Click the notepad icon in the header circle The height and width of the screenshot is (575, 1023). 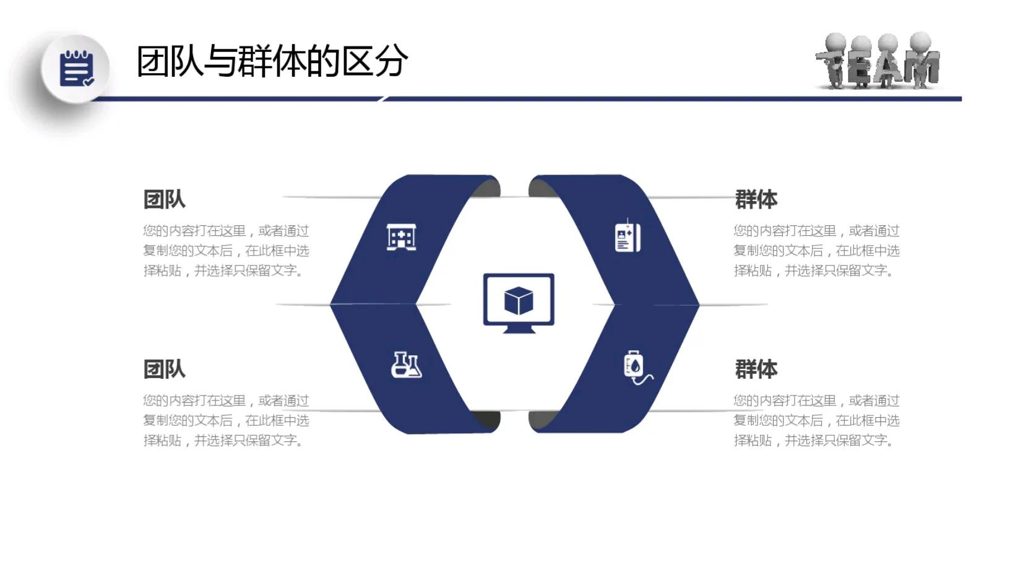pyautogui.click(x=77, y=68)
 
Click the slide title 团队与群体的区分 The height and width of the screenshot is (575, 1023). pyautogui.click(x=272, y=61)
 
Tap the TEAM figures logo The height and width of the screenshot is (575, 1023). pyautogui.click(x=878, y=61)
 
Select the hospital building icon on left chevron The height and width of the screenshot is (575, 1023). pyautogui.click(x=401, y=237)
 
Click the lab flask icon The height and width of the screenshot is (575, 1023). pyautogui.click(x=406, y=365)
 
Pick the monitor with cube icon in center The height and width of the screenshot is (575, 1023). pyautogui.click(x=519, y=302)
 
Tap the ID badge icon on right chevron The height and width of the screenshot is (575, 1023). pyautogui.click(x=628, y=236)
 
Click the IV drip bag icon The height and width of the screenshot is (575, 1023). pyautogui.click(x=637, y=367)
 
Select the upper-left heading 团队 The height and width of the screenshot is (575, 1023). pyautogui.click(x=164, y=199)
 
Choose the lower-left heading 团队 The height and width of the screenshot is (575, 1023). pyautogui.click(x=164, y=369)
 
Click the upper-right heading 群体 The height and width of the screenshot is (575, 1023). pyautogui.click(x=756, y=199)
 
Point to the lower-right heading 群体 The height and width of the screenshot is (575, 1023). pyautogui.click(x=756, y=369)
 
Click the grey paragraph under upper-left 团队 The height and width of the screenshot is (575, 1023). pyautogui.click(x=226, y=251)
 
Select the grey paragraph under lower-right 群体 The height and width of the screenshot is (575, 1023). pyautogui.click(x=816, y=420)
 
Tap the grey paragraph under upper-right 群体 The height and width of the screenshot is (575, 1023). pyautogui.click(x=816, y=251)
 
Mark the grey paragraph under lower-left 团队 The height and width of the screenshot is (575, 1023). pyautogui.click(x=226, y=420)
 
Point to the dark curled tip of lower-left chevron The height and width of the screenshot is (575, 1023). pyautogui.click(x=488, y=420)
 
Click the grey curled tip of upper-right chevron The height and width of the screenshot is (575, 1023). pyautogui.click(x=541, y=186)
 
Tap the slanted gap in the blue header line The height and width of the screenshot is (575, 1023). pyautogui.click(x=383, y=98)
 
